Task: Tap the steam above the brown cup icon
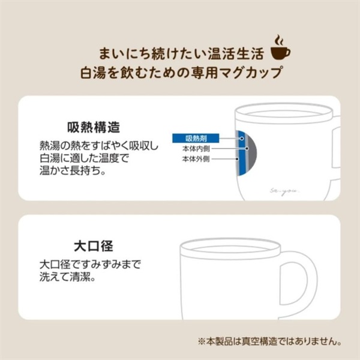279,40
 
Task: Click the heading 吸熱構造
94,127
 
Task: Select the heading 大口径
94,246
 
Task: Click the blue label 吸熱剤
196,138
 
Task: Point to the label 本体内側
196,149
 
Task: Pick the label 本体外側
196,159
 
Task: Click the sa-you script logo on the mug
284,191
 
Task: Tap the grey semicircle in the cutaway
252,154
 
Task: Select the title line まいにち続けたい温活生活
181,54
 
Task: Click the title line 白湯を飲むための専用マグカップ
181,73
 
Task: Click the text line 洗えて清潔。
67,277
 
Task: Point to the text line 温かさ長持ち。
73,170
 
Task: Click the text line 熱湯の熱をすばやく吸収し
99,145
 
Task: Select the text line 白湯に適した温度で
84,158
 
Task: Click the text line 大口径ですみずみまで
90,265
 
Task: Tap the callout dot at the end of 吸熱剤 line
242,139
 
